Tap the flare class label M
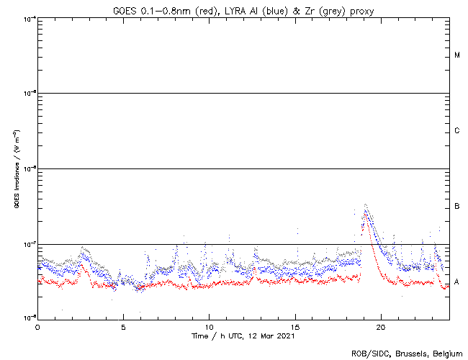click(457, 55)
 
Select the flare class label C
click(457, 131)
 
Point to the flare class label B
click(457, 207)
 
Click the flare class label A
click(457, 281)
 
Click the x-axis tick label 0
click(37, 327)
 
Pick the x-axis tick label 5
click(123, 327)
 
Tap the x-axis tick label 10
click(209, 327)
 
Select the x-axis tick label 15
click(295, 327)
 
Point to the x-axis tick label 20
click(381, 327)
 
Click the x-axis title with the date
click(242, 336)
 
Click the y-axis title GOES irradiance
click(15, 169)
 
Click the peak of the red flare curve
click(365, 214)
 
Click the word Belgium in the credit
click(444, 353)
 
